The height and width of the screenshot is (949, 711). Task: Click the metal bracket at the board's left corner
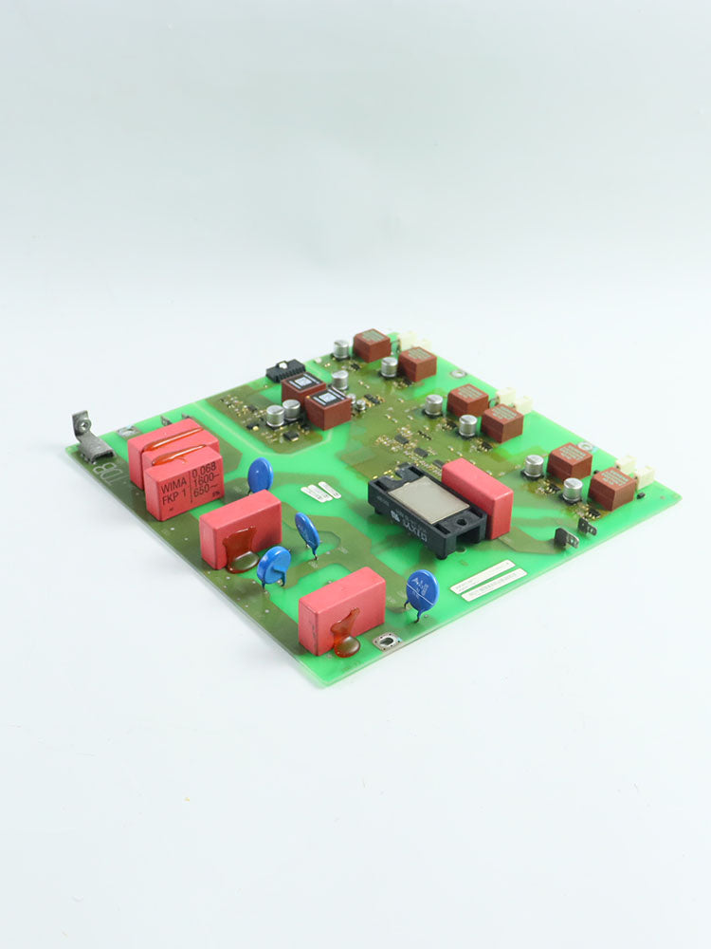(90, 438)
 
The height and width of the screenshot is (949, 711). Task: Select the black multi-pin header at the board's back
(284, 369)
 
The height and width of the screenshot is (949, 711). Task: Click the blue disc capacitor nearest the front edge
(422, 589)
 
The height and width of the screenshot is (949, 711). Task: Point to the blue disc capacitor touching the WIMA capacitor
(260, 474)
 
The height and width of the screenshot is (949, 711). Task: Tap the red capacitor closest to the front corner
(341, 608)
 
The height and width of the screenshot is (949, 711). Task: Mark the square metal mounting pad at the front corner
(386, 642)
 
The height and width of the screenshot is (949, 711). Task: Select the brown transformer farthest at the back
(372, 344)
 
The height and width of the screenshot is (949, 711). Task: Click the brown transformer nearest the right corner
(612, 487)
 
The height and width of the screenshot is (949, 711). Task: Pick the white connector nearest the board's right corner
(645, 475)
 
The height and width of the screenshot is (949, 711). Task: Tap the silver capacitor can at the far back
(340, 348)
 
